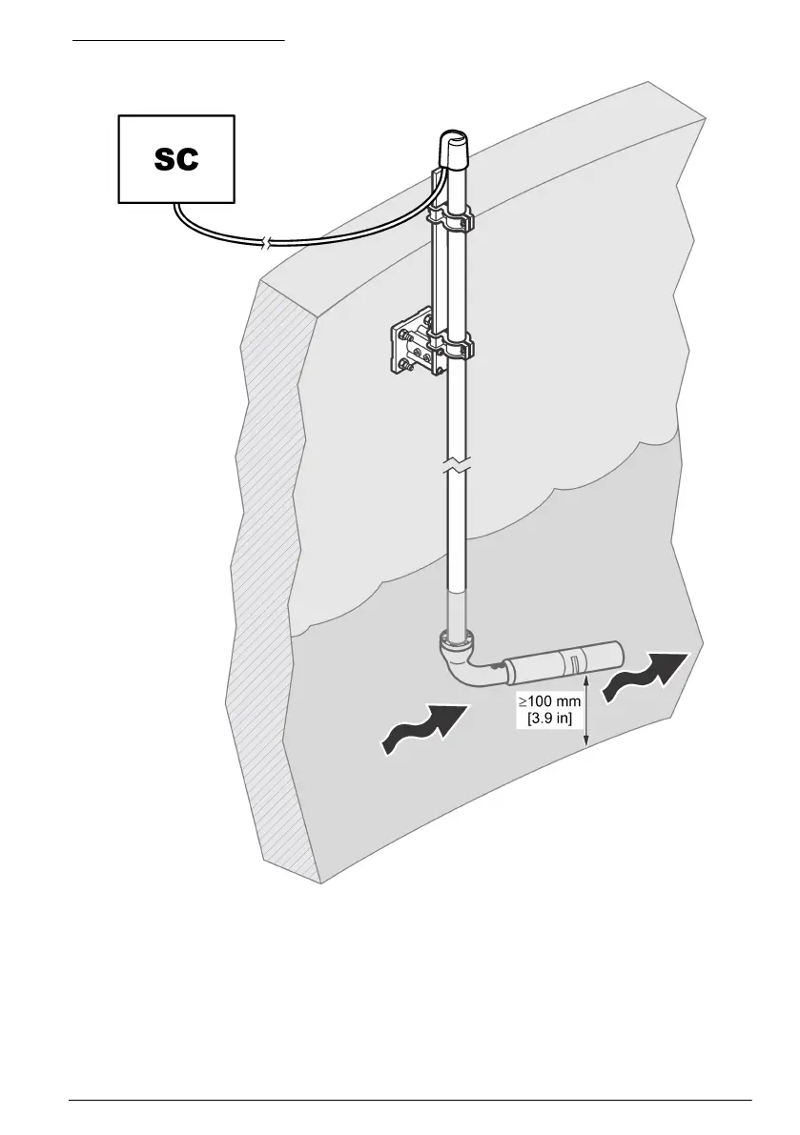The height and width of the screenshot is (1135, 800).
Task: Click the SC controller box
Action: point(176,158)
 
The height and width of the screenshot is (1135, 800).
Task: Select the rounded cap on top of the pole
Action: point(454,151)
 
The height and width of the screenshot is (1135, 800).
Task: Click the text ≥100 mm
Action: point(549,701)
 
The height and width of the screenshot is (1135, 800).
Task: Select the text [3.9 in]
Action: point(549,718)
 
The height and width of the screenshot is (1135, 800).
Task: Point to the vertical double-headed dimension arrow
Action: point(588,711)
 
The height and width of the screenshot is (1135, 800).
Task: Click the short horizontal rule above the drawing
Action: point(180,42)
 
